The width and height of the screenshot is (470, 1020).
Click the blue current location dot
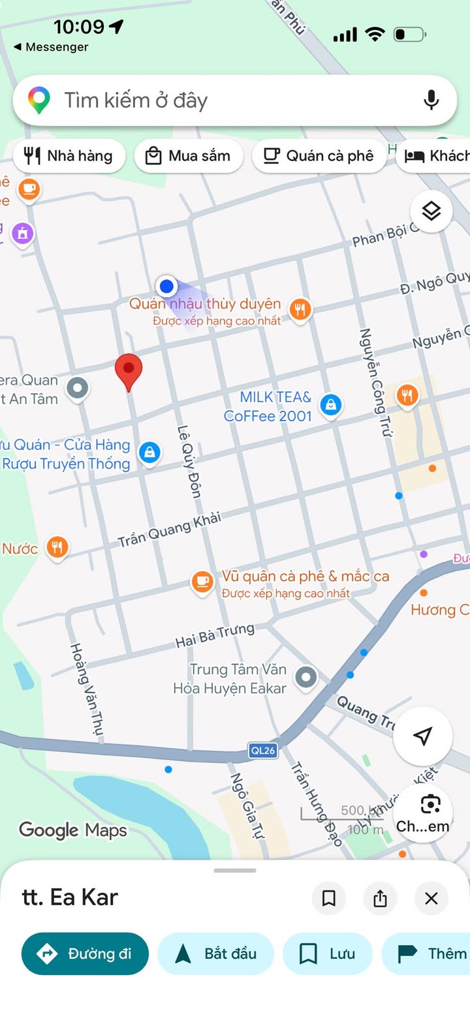click(x=166, y=286)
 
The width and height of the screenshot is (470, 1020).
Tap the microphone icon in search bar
click(x=431, y=100)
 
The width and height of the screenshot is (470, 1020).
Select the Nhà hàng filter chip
click(x=69, y=156)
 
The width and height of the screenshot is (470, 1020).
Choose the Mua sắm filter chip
click(x=189, y=156)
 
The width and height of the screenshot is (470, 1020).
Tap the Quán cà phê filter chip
click(x=319, y=156)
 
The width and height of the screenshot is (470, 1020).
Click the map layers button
click(x=431, y=211)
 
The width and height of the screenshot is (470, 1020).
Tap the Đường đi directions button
click(x=85, y=953)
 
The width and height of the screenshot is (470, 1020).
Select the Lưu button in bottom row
click(x=327, y=953)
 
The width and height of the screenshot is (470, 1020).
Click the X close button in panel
click(x=431, y=899)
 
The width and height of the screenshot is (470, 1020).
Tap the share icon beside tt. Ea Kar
click(x=380, y=899)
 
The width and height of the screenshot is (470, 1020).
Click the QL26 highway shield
click(x=262, y=751)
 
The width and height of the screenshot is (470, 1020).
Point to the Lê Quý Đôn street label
click(x=189, y=461)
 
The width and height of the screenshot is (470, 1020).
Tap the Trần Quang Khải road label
click(x=169, y=530)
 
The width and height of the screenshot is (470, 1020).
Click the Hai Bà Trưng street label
click(x=215, y=636)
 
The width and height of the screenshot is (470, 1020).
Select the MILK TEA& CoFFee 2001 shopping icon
click(x=332, y=406)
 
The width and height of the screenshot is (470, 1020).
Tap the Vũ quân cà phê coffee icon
click(x=202, y=581)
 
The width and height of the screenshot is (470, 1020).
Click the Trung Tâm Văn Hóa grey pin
click(x=305, y=678)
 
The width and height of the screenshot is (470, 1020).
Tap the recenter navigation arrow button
click(x=422, y=736)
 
